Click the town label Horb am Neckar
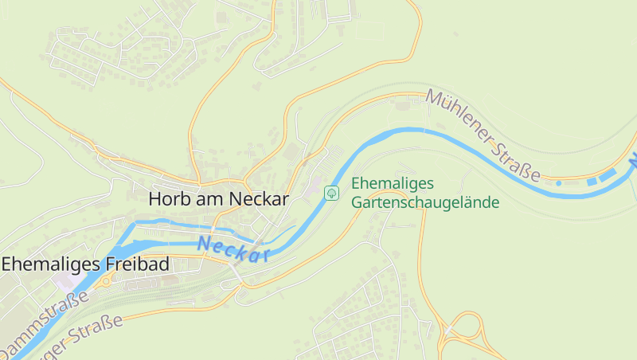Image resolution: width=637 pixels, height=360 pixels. click(x=218, y=199)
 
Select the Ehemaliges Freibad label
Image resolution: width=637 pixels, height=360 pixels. click(x=85, y=264)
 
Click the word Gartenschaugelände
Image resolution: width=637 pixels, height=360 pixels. click(x=425, y=202)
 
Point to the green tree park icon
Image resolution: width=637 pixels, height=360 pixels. click(x=332, y=193)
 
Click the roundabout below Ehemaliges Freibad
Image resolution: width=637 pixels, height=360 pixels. click(x=105, y=281)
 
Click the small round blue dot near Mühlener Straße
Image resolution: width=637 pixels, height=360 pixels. click(x=558, y=183)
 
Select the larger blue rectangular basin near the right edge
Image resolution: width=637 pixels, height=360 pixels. click(x=608, y=173)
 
